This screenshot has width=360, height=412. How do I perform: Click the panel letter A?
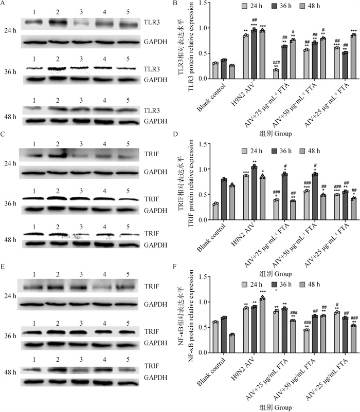[3, 4]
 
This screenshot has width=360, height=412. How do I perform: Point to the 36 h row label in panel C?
[9, 203]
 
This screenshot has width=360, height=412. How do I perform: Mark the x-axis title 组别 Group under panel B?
[276, 133]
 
